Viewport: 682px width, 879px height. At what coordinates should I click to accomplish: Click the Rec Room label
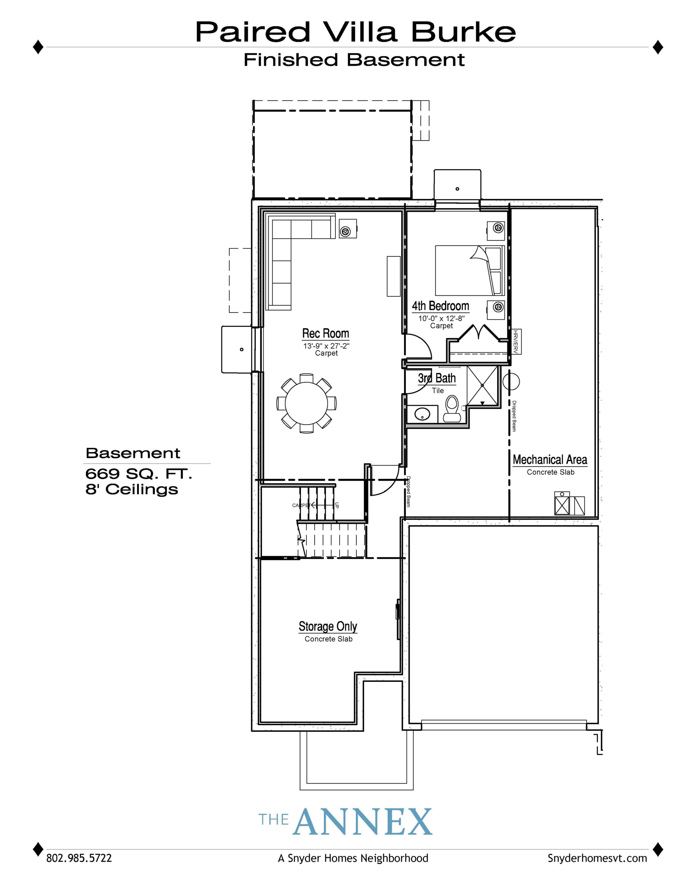point(325,334)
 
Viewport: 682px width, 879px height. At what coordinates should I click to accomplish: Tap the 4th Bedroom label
point(441,306)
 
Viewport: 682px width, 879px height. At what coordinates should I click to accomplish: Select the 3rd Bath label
point(437,378)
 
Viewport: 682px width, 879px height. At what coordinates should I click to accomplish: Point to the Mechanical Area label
point(550,460)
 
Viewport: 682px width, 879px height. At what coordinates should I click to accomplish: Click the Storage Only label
point(328,627)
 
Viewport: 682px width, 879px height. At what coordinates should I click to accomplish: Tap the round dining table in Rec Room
point(306,403)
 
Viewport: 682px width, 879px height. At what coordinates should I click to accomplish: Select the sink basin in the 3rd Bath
point(421,414)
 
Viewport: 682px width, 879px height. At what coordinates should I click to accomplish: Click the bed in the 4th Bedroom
point(470,271)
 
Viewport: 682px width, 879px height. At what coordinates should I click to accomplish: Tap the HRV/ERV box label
point(516,342)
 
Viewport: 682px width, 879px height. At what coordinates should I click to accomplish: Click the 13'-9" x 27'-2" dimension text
point(326,346)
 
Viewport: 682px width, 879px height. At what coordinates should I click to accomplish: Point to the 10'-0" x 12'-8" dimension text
point(441,318)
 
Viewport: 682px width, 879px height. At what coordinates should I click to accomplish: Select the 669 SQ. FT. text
point(138,474)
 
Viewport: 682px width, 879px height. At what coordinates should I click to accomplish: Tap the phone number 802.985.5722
point(79,858)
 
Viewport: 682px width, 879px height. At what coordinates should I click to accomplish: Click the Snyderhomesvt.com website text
point(597,858)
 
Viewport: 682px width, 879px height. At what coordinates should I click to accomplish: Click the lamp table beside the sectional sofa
point(347,229)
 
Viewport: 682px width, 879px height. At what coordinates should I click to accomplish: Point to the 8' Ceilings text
point(132,489)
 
